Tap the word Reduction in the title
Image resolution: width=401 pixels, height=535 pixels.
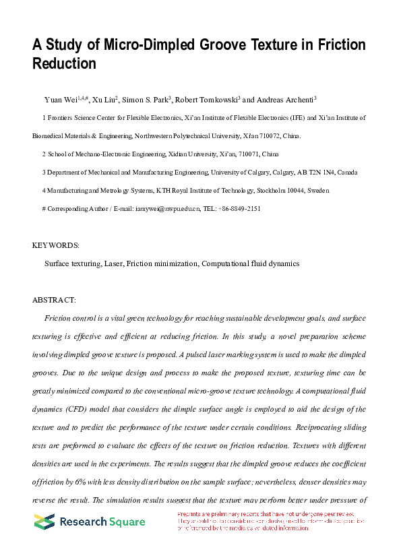[x=65, y=64]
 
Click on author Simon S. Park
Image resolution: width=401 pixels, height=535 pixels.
[x=147, y=100]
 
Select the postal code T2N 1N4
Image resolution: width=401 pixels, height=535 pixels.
[x=327, y=172]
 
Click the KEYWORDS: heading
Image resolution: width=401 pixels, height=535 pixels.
[x=56, y=245]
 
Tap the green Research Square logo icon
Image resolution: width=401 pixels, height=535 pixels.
[x=44, y=522]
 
